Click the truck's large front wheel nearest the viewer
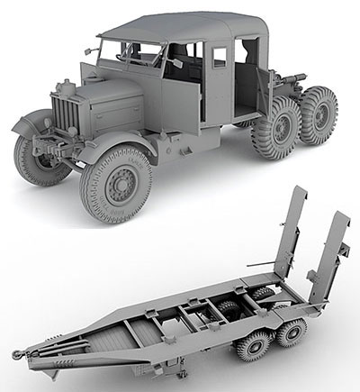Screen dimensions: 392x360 point(119,185)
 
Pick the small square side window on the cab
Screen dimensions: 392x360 point(220,58)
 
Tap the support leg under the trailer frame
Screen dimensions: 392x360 point(184,365)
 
